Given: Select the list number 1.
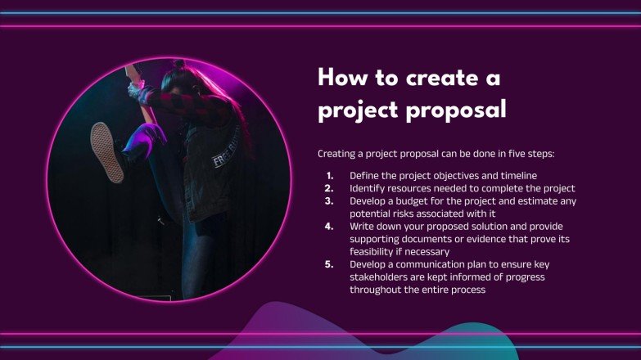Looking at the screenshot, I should pos(329,175).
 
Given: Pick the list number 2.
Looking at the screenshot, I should pos(329,187).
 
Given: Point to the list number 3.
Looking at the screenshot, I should pos(329,200).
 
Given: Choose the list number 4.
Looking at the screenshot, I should pos(329,226).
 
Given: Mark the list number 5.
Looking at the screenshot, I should pos(329,264).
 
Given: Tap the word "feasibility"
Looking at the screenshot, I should pos(374,252).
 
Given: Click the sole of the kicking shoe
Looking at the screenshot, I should pos(106,152).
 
